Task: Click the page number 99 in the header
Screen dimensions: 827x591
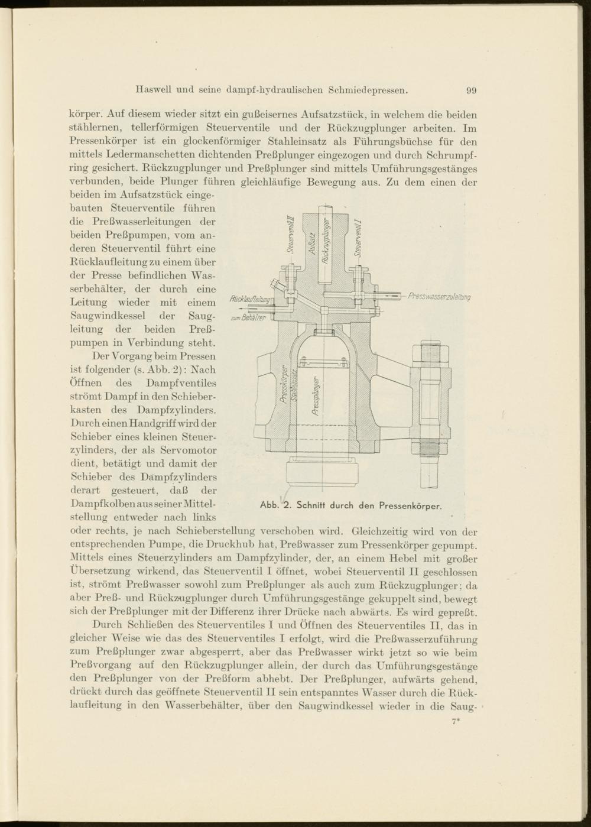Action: [471, 90]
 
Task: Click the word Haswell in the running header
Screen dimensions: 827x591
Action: [155, 90]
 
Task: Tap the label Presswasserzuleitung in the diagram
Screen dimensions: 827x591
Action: [439, 296]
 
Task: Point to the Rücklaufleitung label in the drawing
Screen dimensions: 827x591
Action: [251, 299]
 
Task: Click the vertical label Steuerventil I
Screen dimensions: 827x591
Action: [358, 236]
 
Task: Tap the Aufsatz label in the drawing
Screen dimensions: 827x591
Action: [311, 243]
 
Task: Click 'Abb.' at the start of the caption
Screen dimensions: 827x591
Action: [269, 505]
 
